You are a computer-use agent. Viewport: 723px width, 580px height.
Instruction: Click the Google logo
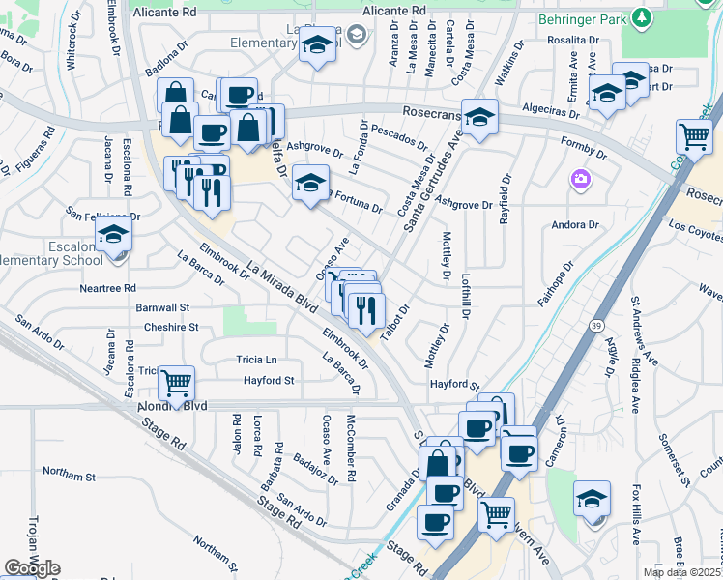click(x=32, y=568)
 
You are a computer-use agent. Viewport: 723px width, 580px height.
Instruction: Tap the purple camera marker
click(x=580, y=179)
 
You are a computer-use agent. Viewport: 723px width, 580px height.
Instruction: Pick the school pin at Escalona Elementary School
click(x=113, y=234)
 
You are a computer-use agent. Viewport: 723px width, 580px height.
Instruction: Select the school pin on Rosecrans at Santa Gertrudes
click(x=479, y=117)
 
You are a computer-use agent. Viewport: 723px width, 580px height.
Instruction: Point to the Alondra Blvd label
click(x=173, y=407)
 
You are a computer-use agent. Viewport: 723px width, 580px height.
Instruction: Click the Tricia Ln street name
click(x=255, y=360)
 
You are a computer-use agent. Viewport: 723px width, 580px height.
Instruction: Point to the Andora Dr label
click(x=574, y=225)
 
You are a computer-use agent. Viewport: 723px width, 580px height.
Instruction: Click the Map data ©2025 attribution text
click(x=682, y=572)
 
